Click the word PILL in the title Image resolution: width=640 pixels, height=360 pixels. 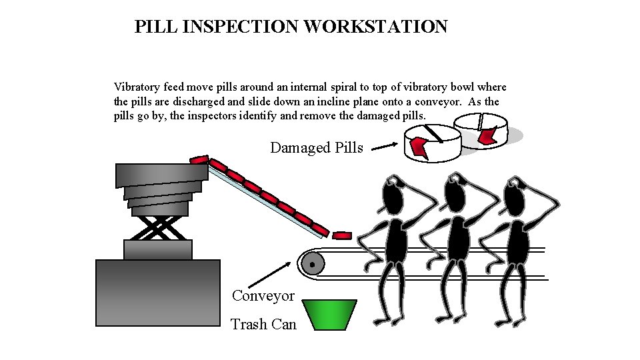coord(151,27)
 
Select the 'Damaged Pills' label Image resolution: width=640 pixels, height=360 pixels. coord(317,147)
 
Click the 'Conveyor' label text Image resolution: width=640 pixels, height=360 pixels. coord(263,295)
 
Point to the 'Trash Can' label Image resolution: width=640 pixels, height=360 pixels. coord(263,325)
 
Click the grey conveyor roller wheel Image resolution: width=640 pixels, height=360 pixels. coord(312,264)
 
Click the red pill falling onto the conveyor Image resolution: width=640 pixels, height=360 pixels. coord(342,235)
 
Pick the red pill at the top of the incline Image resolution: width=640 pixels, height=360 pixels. coord(199,159)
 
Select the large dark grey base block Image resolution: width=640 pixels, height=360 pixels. coord(158,293)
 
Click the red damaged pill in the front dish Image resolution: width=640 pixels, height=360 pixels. coord(419,147)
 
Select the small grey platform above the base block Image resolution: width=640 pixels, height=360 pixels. coord(158,249)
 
